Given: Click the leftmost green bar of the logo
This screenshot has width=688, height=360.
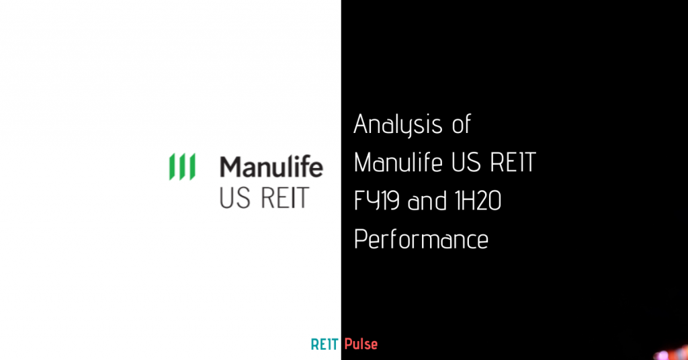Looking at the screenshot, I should (x=172, y=167).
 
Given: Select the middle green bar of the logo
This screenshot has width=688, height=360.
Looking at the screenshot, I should (x=181, y=167).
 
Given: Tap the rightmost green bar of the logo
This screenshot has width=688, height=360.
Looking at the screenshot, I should (x=191, y=167).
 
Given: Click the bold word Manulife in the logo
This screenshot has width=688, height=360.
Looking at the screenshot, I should (x=271, y=167).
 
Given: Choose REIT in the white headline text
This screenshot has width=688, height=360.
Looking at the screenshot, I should (x=515, y=163).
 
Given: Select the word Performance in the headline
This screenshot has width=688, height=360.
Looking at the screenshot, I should (x=421, y=239).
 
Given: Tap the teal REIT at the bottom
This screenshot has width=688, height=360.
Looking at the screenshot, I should (x=325, y=345).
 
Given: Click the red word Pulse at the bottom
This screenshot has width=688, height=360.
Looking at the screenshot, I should (x=361, y=345).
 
